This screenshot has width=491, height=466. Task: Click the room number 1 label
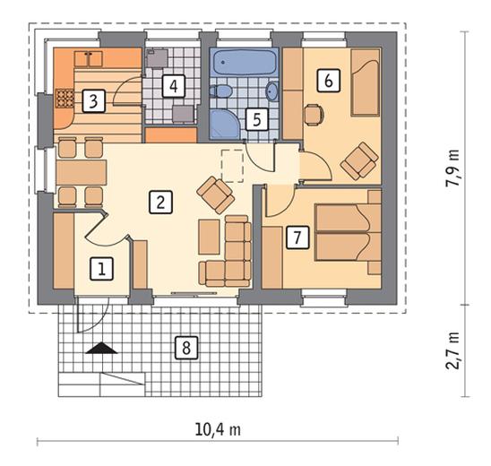[101, 269]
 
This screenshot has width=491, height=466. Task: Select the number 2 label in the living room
[160, 203]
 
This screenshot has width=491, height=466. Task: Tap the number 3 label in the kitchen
[93, 100]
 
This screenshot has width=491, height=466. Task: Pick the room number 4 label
[174, 86]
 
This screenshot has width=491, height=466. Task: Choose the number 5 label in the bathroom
[257, 119]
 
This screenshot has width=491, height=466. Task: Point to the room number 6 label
[328, 81]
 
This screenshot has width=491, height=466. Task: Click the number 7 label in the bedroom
[297, 237]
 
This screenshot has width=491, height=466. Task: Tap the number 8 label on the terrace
[186, 348]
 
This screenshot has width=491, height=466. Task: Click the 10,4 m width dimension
[218, 429]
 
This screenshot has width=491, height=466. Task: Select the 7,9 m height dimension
[452, 168]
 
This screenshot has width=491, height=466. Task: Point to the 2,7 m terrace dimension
[452, 350]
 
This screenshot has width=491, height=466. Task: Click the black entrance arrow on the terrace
[101, 348]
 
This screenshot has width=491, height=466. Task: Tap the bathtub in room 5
[245, 63]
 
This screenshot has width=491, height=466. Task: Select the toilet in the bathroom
[220, 91]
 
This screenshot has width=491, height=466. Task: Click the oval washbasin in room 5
[271, 91]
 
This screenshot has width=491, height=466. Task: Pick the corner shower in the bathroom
[225, 124]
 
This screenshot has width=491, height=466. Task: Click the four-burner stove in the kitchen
[65, 99]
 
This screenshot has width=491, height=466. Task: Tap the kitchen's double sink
[89, 59]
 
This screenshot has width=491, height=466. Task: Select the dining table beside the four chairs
[82, 172]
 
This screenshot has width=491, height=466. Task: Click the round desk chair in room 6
[314, 115]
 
